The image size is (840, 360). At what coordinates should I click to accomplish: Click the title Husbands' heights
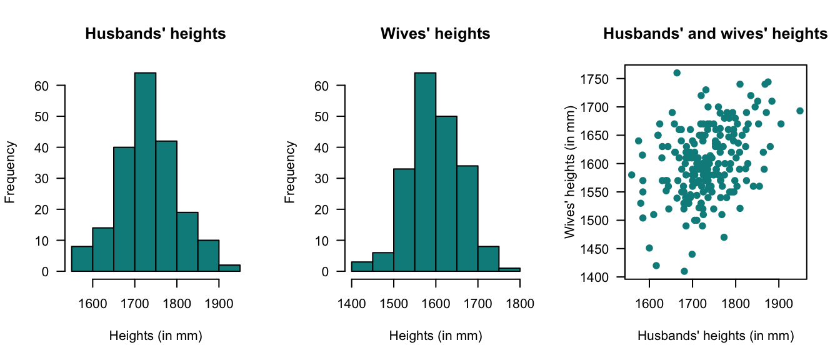(155, 34)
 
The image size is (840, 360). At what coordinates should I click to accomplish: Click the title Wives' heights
(435, 34)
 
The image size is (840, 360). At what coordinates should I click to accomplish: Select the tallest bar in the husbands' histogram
(145, 172)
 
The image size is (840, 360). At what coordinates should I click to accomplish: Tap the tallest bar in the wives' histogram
(425, 172)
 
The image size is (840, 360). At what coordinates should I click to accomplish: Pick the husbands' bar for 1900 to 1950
(229, 268)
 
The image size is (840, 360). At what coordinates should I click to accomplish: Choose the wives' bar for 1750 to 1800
(509, 269)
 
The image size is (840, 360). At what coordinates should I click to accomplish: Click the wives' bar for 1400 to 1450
(362, 267)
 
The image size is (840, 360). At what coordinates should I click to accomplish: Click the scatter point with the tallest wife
(677, 73)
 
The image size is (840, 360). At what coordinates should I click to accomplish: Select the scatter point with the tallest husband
(800, 111)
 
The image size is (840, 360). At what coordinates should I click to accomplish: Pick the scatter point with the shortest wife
(684, 271)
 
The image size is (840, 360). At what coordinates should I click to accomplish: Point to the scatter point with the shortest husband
(631, 175)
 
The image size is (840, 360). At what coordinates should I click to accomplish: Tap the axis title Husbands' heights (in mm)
(716, 336)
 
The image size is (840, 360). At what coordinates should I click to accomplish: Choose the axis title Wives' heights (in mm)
(569, 178)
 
